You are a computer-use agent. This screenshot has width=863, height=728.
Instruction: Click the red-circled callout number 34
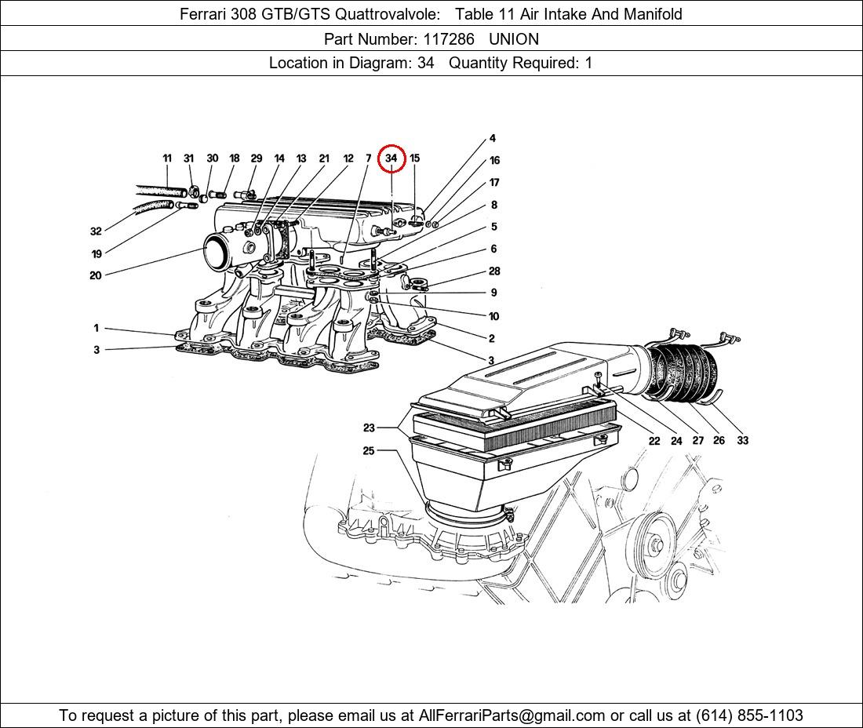[391, 158]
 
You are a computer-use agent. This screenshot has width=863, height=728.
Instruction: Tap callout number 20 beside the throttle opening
[96, 275]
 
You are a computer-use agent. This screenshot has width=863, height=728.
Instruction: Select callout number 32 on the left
[96, 231]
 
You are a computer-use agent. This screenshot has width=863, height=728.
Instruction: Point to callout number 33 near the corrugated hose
[742, 440]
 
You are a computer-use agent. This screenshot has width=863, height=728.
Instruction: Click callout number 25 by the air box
[369, 451]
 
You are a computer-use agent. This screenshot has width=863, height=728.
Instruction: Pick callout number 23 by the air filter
[369, 428]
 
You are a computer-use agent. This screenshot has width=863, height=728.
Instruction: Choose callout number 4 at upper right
[493, 139]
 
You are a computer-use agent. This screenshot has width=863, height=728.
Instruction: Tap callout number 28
[494, 271]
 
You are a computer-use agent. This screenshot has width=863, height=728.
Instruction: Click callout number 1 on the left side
[96, 329]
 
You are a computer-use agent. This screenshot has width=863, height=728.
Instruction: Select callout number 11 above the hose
[167, 158]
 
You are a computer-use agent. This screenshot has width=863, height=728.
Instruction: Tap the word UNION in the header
[513, 38]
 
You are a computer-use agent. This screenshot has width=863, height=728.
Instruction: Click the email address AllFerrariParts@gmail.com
[512, 715]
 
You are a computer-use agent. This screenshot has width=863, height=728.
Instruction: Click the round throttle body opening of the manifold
[219, 253]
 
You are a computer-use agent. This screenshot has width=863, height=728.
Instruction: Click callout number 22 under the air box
[654, 441]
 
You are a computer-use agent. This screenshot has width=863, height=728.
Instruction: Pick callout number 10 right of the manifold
[493, 317]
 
